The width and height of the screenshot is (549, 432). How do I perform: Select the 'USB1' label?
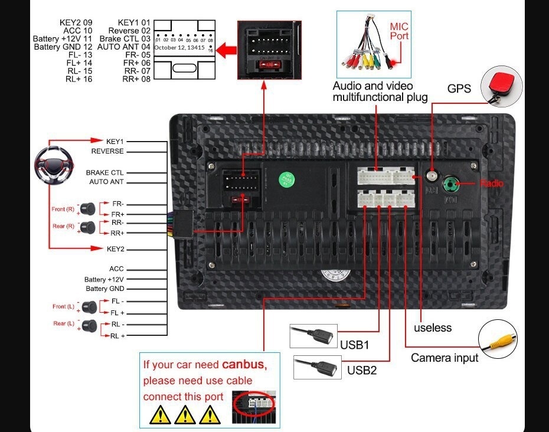pyautogui.click(x=354, y=344)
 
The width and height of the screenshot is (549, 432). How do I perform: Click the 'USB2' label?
pyautogui.click(x=361, y=370)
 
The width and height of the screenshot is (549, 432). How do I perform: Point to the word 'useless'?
pyautogui.click(x=432, y=328)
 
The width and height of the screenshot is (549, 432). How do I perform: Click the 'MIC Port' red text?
pyautogui.click(x=399, y=31)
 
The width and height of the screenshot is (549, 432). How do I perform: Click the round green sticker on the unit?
pyautogui.click(x=287, y=178)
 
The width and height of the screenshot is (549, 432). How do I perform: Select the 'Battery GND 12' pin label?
pyautogui.click(x=63, y=47)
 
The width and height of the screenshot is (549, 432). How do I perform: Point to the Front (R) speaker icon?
pyautogui.click(x=89, y=208)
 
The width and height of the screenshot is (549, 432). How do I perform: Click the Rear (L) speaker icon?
pyautogui.click(x=89, y=325)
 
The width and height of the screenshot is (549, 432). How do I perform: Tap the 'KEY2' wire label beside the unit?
pyautogui.click(x=115, y=249)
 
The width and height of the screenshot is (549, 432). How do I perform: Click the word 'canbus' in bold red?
pyautogui.click(x=244, y=364)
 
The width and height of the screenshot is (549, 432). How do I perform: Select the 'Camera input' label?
pyautogui.click(x=445, y=358)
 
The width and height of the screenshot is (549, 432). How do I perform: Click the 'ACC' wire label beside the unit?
pyautogui.click(x=116, y=269)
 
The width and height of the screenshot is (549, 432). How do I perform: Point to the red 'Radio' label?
pyautogui.click(x=491, y=184)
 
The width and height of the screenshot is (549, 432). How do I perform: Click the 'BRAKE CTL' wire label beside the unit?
pyautogui.click(x=105, y=172)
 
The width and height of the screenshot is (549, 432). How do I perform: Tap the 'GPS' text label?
pyautogui.click(x=459, y=89)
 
